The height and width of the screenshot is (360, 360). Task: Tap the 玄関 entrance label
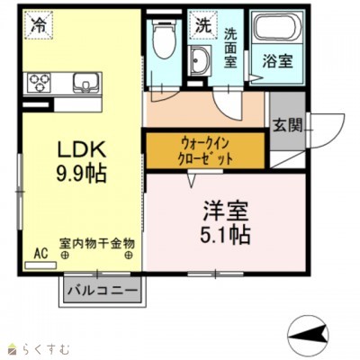287,124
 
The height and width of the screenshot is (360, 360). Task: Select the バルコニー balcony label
102,292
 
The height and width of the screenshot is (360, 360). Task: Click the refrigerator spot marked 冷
38,26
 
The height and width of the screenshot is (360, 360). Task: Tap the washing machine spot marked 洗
203,26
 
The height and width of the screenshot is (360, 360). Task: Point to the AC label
40,254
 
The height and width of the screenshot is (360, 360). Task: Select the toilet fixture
163,40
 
